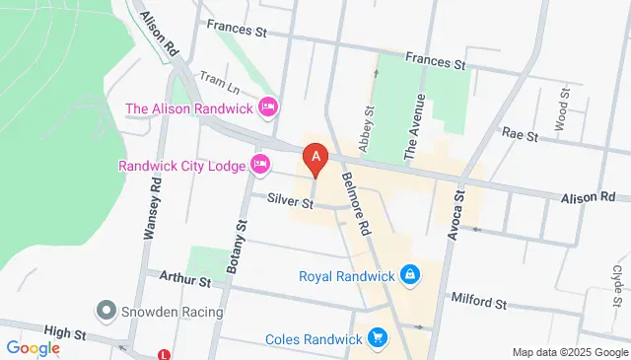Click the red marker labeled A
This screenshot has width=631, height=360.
pyautogui.click(x=315, y=157)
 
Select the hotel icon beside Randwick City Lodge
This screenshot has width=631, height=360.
pyautogui.click(x=260, y=165)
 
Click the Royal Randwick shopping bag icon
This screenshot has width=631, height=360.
pyautogui.click(x=410, y=275)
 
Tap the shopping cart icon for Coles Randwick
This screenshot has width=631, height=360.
pyautogui.click(x=376, y=339)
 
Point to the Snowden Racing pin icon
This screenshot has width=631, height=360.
pyautogui.click(x=105, y=312)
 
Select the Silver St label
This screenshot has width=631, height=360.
pyautogui.click(x=290, y=203)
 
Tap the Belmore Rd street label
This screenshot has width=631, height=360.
pyautogui.click(x=355, y=187)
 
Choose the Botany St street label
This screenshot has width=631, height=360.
pyautogui.click(x=234, y=247)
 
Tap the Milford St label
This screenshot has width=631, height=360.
pyautogui.click(x=478, y=298)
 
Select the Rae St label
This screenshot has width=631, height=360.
pyautogui.click(x=519, y=132)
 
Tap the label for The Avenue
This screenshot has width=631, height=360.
pyautogui.click(x=415, y=126)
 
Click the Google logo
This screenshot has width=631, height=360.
pyautogui.click(x=33, y=347)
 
